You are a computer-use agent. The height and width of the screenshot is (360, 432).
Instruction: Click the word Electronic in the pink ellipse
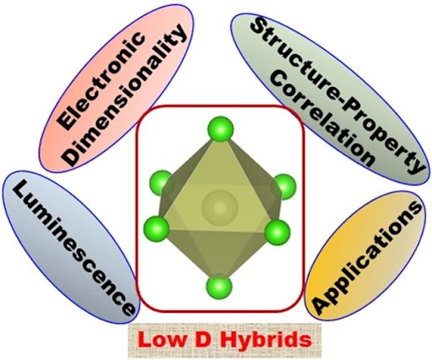(x=102, y=81)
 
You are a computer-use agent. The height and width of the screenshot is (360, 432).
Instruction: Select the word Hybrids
(x=266, y=341)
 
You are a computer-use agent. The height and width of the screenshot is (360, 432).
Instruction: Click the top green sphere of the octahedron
(x=220, y=129)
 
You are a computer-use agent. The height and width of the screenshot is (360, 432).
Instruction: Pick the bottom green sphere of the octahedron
(x=219, y=287)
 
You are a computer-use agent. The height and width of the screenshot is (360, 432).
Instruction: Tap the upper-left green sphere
(x=161, y=183)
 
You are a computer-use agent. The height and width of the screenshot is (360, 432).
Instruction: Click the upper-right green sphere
(x=283, y=186)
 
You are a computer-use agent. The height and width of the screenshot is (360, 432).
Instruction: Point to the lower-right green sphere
(x=278, y=233)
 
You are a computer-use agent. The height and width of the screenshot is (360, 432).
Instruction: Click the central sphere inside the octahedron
(x=219, y=207)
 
